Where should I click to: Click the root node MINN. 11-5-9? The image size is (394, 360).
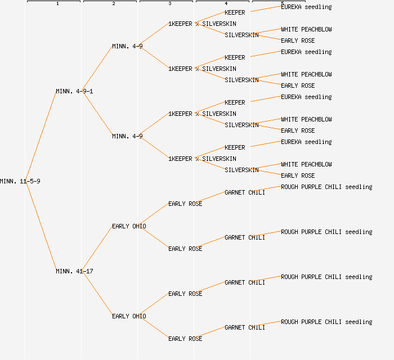click(x=20, y=181)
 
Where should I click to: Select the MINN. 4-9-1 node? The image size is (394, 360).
click(x=74, y=91)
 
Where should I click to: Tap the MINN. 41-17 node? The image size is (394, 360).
click(x=74, y=271)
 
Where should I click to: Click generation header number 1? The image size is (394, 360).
click(x=57, y=4)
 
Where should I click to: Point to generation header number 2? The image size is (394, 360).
click(x=114, y=4)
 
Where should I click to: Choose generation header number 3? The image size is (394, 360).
click(x=170, y=4)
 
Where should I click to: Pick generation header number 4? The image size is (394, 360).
click(x=226, y=4)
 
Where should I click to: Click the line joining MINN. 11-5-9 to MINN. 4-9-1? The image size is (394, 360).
click(x=41, y=136)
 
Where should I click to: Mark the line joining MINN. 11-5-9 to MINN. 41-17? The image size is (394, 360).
click(x=41, y=226)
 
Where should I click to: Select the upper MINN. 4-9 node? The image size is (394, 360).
click(x=127, y=46)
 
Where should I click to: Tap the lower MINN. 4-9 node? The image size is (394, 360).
click(x=127, y=136)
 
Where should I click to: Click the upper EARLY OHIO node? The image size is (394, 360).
click(x=129, y=226)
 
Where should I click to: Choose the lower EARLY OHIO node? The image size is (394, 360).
click(x=129, y=316)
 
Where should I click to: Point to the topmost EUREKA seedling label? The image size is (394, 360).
click(x=306, y=7)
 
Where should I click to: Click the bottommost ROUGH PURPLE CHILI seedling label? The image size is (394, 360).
click(x=326, y=322)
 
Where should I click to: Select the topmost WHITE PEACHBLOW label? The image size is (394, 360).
click(x=306, y=29)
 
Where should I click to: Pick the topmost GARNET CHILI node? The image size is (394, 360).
click(x=245, y=192)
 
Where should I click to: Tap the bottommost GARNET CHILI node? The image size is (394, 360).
click(x=245, y=327)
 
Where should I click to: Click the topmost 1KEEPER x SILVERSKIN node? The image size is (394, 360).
click(x=202, y=24)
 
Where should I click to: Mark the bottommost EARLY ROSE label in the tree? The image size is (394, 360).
click(x=185, y=339)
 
